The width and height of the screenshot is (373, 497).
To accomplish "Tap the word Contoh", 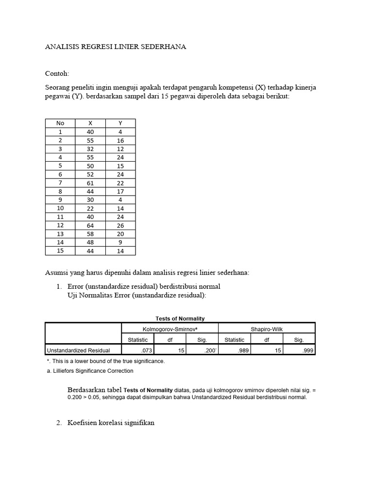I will point(57,74).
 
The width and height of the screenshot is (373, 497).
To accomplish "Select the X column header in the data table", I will point(90,123).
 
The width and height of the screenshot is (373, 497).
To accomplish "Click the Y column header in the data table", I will point(120,123).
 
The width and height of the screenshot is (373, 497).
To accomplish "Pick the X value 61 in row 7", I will point(90,183).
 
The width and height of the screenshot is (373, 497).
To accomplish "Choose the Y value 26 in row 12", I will point(120,225).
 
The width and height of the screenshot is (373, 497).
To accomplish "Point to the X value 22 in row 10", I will point(90,208).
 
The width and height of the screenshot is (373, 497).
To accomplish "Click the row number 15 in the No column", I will point(60,250).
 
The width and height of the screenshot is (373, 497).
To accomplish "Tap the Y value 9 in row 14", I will point(120,242).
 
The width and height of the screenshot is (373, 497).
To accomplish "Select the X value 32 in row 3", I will point(90,149).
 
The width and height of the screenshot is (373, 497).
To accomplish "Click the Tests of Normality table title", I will point(180,318).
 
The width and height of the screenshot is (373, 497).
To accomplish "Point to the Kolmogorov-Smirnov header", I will point(170,330).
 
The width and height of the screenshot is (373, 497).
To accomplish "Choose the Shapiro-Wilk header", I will point(267,330).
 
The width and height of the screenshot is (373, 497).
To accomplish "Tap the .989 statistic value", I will point(236,350).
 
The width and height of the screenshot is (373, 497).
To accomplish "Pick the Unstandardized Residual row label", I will point(78,350).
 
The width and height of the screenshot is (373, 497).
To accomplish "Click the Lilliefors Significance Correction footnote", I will point(90,371).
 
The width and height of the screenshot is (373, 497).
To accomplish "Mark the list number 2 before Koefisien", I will point(58,423).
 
